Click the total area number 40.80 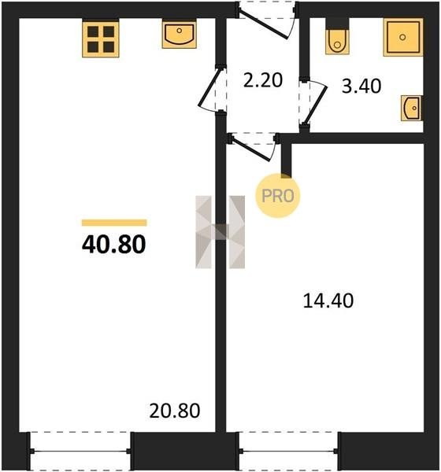114,244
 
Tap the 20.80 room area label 175,411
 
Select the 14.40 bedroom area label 328,301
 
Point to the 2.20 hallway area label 263,80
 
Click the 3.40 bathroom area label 361,86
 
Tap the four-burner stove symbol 101,39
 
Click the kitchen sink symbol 180,34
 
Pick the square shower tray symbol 403,37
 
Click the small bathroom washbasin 411,108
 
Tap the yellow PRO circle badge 278,196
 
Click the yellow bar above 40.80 114,223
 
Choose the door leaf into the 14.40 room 250,149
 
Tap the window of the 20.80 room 80,451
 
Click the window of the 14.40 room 289,451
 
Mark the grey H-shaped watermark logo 220,232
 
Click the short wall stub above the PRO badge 286,160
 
